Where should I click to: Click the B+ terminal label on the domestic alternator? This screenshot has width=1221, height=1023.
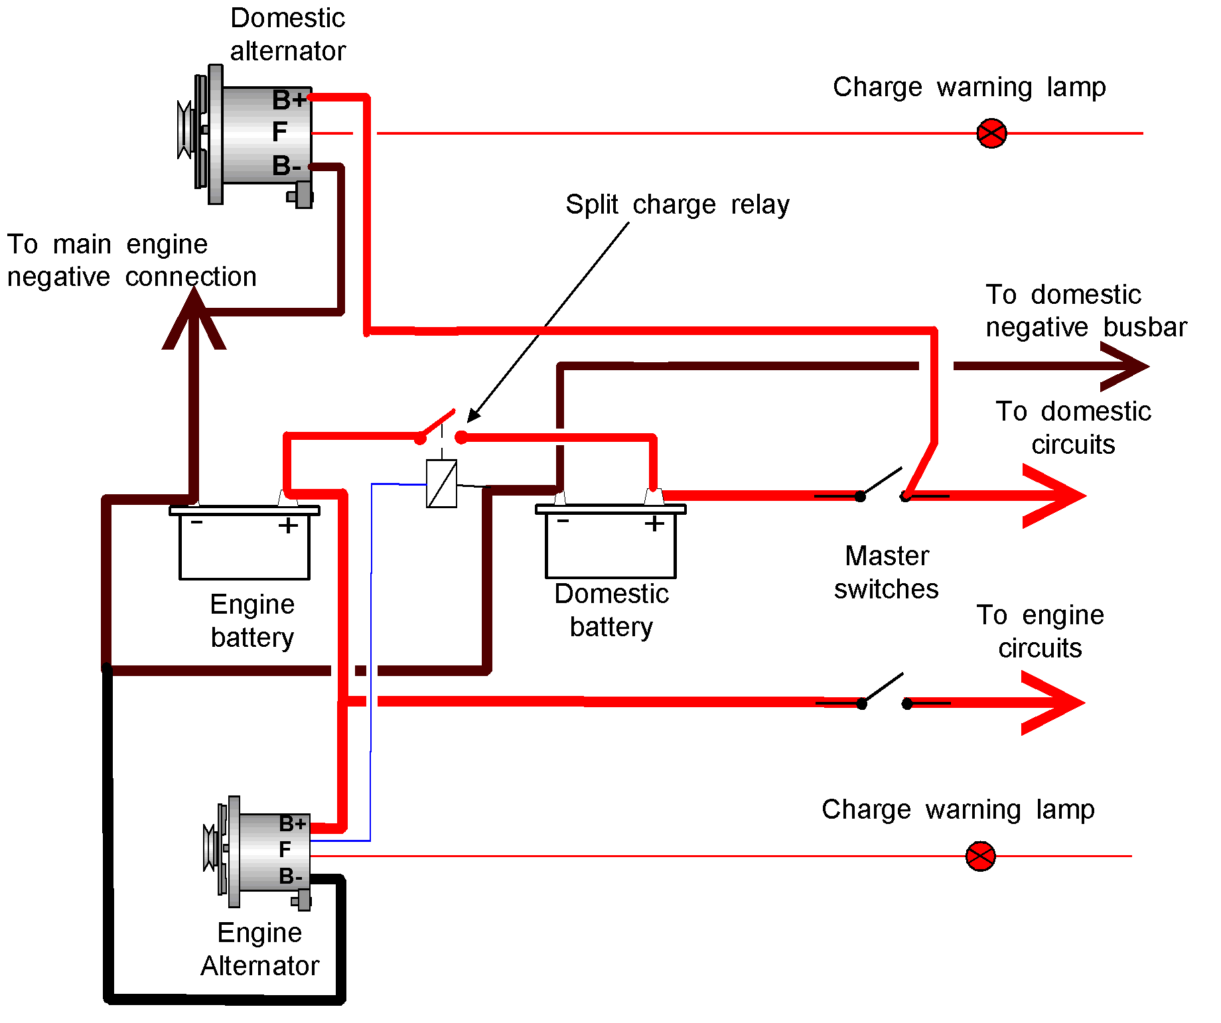tap(289, 100)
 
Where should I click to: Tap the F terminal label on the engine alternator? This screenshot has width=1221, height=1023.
tap(285, 850)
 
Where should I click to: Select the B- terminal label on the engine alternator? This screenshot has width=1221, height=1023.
tap(290, 876)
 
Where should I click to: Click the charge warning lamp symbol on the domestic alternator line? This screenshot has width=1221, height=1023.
tap(991, 133)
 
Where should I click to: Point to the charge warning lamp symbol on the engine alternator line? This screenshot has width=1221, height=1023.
tap(980, 856)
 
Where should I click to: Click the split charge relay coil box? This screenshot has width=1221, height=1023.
tap(441, 484)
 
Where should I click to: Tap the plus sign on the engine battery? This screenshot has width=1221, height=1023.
tap(288, 526)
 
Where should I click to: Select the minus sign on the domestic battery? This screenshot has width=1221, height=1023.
tap(563, 521)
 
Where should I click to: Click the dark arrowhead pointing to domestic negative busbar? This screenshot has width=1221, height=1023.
tap(1125, 366)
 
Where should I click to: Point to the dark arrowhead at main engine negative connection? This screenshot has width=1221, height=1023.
tap(194, 318)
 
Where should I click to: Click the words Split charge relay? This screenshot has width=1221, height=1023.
tap(678, 204)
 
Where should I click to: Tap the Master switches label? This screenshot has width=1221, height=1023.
tap(887, 572)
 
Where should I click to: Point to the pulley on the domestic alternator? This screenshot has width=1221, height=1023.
tap(185, 130)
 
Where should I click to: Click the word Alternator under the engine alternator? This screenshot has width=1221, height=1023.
tap(260, 966)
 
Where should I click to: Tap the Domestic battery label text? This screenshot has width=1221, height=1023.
tap(611, 610)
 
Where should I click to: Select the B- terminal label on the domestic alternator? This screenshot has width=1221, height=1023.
tap(287, 166)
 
